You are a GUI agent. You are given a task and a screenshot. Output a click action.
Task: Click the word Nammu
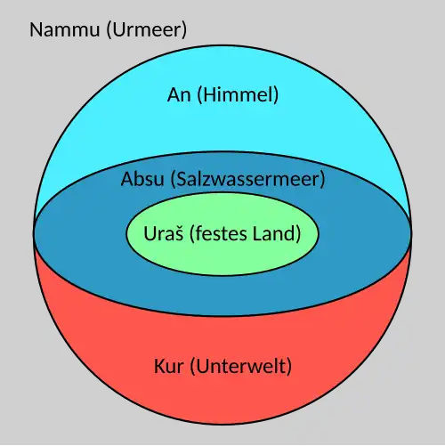[65, 29]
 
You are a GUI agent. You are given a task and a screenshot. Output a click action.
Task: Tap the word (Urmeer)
[147, 30]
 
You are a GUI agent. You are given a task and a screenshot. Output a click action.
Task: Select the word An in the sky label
[179, 95]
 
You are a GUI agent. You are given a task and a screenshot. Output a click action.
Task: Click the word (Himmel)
[238, 95]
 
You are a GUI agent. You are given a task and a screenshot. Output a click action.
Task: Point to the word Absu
[142, 179]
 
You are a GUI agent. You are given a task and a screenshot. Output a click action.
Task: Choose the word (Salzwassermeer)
[248, 180]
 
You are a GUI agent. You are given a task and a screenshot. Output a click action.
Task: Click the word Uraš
[164, 233]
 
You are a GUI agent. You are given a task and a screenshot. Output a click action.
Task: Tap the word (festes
[218, 234]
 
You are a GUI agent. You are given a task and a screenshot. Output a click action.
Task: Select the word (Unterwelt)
[240, 367]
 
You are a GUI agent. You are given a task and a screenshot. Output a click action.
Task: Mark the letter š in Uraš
[179, 234]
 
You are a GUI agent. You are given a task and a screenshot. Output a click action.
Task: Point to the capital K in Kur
[159, 366]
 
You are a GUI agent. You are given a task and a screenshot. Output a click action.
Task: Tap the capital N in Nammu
[36, 29]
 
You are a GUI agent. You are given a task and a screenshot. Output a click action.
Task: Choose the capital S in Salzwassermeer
[182, 179]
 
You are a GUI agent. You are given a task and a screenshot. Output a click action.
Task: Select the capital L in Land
[258, 233]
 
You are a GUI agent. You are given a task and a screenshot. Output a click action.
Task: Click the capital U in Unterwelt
[202, 366]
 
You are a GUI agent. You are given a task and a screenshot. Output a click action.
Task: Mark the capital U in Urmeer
[118, 29]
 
